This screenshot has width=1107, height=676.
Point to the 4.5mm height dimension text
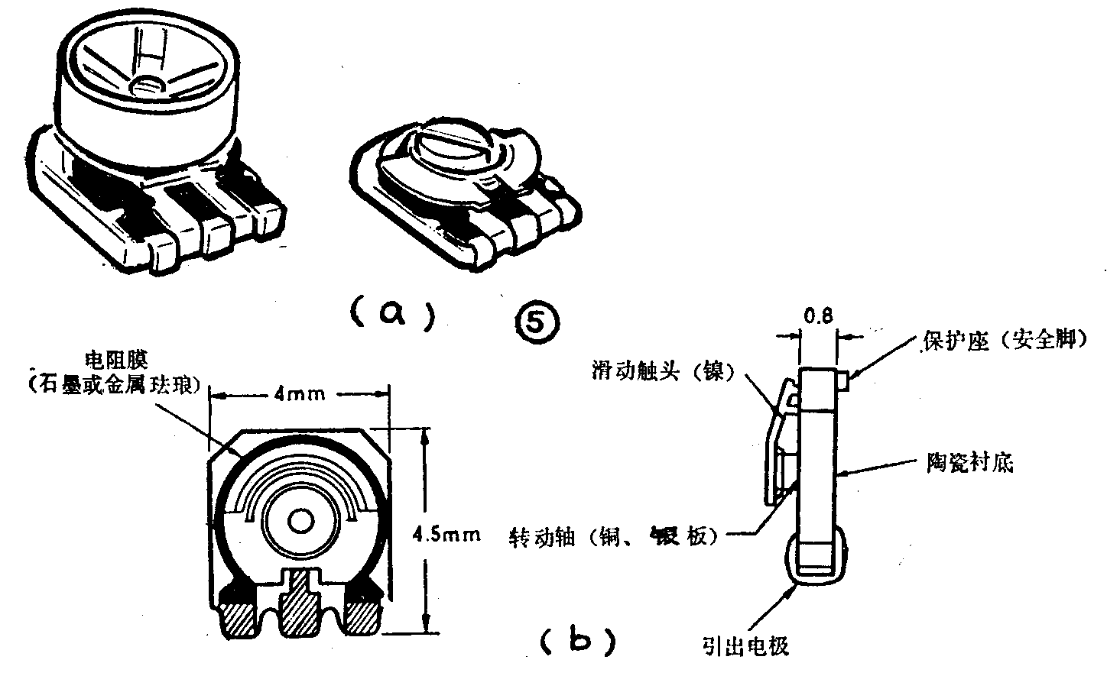pos(446,533)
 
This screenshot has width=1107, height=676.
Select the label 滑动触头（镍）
pos(663,371)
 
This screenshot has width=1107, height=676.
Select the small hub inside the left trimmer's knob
pos(146,83)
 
